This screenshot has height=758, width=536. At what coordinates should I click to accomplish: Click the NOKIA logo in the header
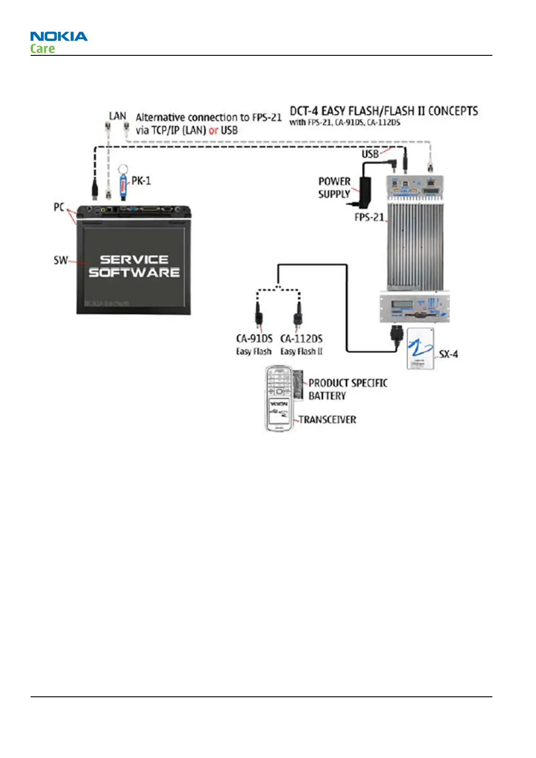(59, 36)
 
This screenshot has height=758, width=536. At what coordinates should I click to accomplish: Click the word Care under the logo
(42, 49)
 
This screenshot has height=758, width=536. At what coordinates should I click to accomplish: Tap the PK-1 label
(141, 181)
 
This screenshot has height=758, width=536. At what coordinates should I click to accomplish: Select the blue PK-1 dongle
(122, 185)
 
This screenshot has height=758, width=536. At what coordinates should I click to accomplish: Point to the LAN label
(117, 116)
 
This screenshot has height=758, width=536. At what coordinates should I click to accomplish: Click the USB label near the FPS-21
(370, 154)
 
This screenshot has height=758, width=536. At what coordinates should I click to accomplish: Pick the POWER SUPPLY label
(334, 188)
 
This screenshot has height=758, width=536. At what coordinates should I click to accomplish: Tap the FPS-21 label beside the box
(369, 217)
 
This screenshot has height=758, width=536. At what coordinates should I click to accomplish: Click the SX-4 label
(448, 354)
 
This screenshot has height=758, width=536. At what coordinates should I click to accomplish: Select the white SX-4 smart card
(421, 349)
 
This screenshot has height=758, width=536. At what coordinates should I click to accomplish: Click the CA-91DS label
(254, 338)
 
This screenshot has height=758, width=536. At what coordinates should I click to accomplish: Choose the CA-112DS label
(301, 338)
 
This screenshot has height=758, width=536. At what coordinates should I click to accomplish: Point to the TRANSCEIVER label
(328, 420)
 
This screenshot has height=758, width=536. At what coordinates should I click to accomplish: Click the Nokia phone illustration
(279, 399)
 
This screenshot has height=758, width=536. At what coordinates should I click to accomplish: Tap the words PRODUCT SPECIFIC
(348, 383)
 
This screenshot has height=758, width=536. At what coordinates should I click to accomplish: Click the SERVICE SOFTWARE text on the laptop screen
(134, 266)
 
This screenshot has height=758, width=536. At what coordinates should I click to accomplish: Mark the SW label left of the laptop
(60, 260)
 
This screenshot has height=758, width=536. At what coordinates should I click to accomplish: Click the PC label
(59, 208)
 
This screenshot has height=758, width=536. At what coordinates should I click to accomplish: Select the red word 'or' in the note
(213, 131)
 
